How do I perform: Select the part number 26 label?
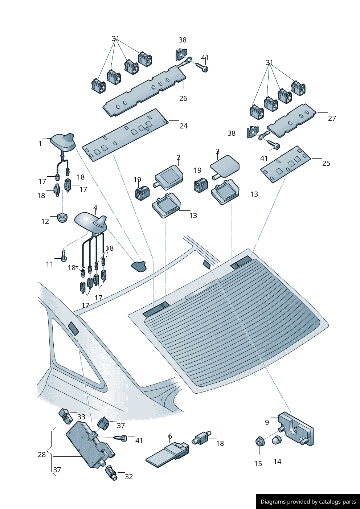[x=183, y=98]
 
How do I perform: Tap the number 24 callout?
[x=184, y=126]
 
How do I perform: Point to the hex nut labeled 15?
[x=259, y=442]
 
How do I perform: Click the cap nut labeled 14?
[x=277, y=440]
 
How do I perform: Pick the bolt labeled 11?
[x=64, y=255]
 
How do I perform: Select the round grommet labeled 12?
[x=62, y=218]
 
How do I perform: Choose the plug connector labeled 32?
[x=111, y=473]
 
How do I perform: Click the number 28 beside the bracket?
[x=42, y=455]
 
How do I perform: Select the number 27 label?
[x=332, y=118]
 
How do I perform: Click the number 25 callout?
[x=326, y=163]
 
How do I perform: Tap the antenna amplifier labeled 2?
[x=169, y=177]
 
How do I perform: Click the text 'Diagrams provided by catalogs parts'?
[x=308, y=502]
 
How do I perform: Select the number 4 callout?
[x=95, y=208]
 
